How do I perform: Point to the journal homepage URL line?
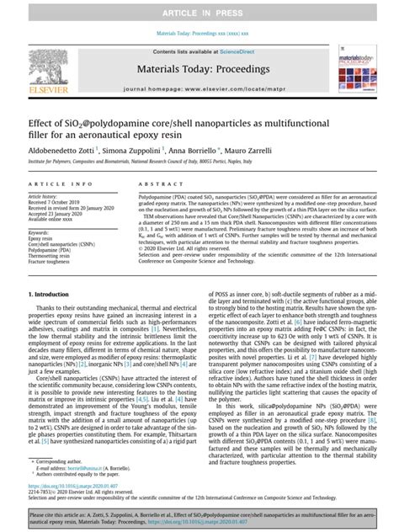pos(199,88)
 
